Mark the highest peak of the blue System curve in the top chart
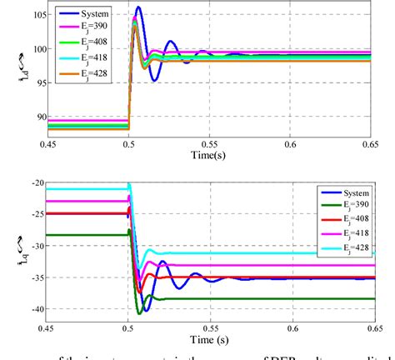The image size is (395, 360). tap(138, 7)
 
